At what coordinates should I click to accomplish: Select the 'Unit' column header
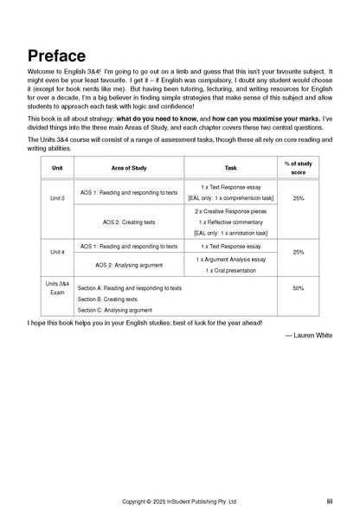[57, 168]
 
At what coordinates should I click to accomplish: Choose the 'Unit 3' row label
[57, 198]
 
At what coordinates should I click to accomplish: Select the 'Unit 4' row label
[57, 253]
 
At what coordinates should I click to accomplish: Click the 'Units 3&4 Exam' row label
[57, 288]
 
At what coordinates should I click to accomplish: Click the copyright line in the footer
[179, 501]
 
